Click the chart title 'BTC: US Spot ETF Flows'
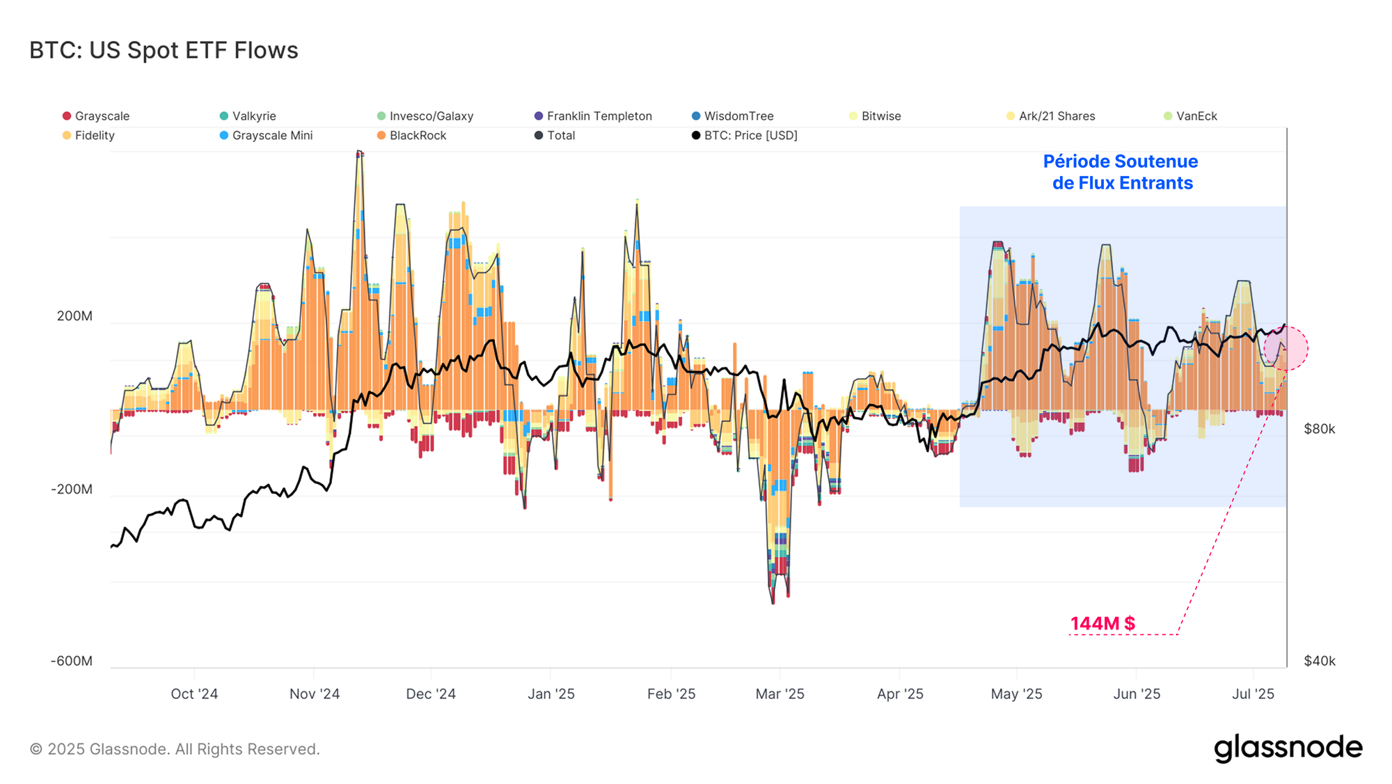click(x=164, y=51)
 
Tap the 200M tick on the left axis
click(x=74, y=316)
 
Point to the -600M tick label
click(x=72, y=661)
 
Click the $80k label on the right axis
click(x=1319, y=429)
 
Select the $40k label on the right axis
click(x=1319, y=661)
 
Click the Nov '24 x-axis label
click(x=315, y=694)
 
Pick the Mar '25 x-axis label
click(x=780, y=694)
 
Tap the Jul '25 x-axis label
click(x=1253, y=694)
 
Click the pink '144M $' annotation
click(x=1102, y=624)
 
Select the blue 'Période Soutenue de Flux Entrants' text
click(x=1121, y=173)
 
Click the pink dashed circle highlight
click(x=1286, y=348)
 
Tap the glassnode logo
click(x=1288, y=748)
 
